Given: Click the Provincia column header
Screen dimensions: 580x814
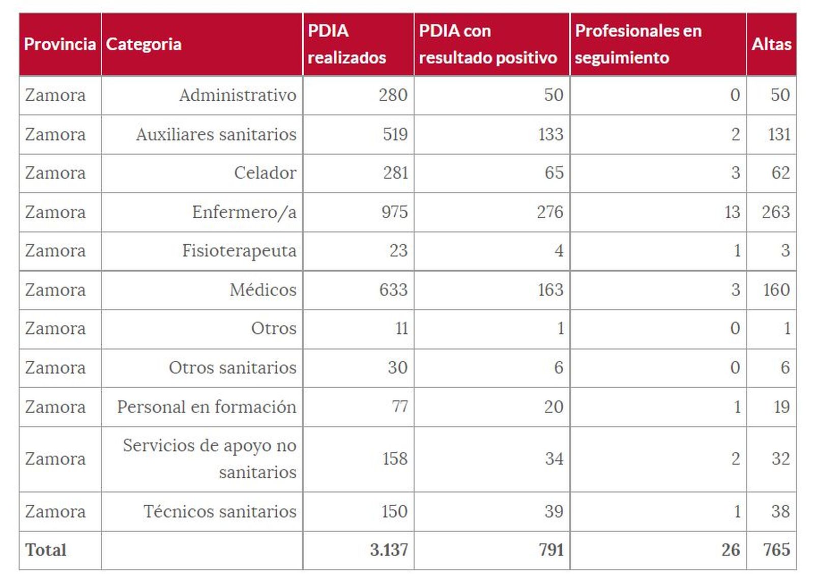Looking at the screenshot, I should [x=60, y=44].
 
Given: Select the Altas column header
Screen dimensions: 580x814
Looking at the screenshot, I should [x=771, y=44].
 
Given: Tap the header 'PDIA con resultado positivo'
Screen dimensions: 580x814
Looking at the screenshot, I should [x=487, y=44].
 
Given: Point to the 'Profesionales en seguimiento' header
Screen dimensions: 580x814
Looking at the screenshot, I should [x=638, y=44].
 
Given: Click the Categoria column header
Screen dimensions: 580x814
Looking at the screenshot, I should [x=143, y=44].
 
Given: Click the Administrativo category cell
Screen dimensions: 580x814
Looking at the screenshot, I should [x=237, y=95].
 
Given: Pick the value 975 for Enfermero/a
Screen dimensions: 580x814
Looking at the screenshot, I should [x=394, y=212].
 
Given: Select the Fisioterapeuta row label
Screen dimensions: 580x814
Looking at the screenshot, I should [x=239, y=251].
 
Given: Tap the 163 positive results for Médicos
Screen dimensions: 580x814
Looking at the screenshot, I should [x=550, y=290].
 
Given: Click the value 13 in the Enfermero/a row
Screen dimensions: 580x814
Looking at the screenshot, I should [x=732, y=212].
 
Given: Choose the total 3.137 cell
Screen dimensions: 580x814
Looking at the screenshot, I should [x=389, y=550].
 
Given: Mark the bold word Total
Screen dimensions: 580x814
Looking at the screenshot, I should [x=46, y=550].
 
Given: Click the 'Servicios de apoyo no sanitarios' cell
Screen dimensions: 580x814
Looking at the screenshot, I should [x=209, y=459].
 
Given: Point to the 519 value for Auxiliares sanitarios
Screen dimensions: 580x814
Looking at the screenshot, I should [x=395, y=134].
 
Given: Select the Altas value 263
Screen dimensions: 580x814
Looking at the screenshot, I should [x=775, y=212].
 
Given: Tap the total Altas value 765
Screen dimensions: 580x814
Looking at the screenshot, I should [x=776, y=550].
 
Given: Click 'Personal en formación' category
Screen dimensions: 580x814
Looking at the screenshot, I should [x=206, y=407].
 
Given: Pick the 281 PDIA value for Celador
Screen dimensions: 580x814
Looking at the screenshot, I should [x=395, y=173].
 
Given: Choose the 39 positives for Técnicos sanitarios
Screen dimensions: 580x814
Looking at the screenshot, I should [x=554, y=511].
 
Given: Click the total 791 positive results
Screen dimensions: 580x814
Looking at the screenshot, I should [x=551, y=550].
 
